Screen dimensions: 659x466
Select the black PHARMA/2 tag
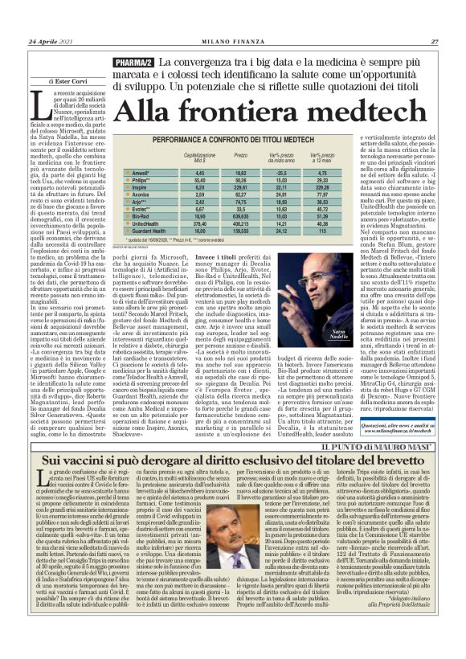pos(133,63)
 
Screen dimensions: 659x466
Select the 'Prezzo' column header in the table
pos(240,155)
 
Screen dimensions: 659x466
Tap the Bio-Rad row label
pos(141,217)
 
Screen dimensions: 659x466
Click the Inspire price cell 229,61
pos(240,187)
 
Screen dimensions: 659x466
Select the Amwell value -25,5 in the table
pos(282,173)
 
